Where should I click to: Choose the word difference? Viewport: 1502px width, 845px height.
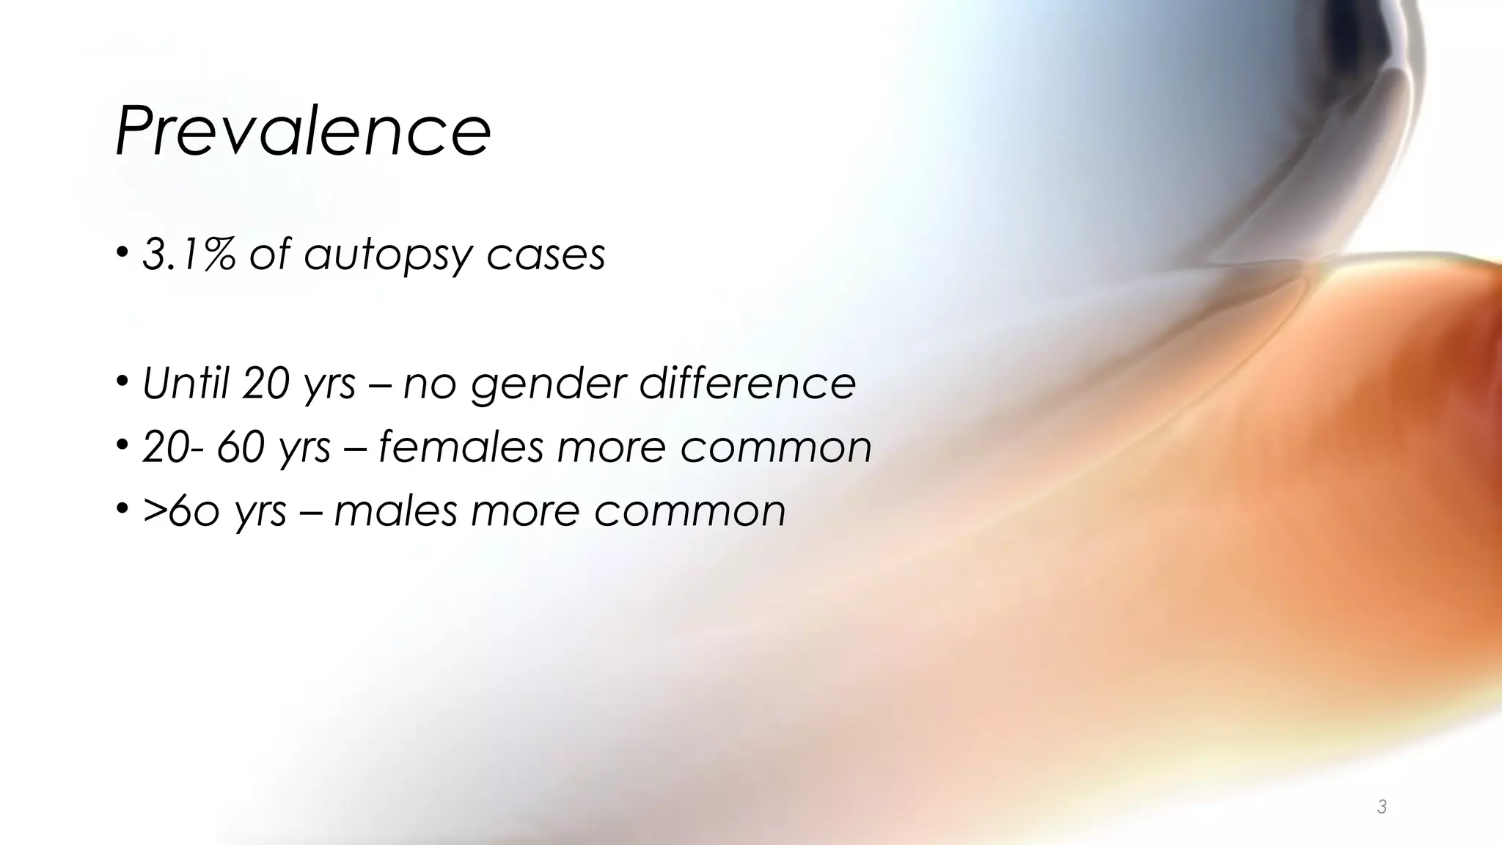(x=747, y=383)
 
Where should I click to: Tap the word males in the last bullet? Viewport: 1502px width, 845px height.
(x=396, y=511)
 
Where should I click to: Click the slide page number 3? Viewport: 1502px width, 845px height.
(x=1382, y=808)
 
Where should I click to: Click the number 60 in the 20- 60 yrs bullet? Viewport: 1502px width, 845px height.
(x=241, y=447)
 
